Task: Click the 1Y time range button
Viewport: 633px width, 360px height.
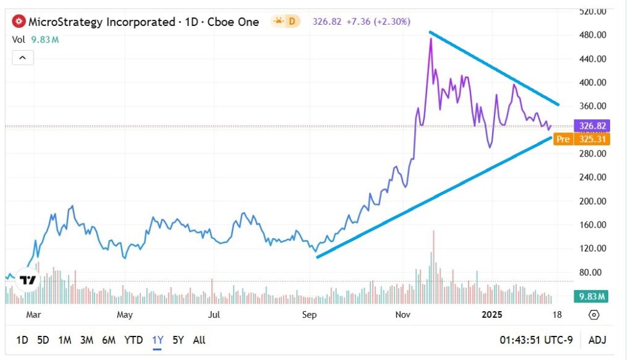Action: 157,340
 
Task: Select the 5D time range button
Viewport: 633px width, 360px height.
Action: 43,340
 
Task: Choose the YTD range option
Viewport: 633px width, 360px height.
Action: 134,340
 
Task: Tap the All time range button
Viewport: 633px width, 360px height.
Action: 199,340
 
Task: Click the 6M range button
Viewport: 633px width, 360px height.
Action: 109,340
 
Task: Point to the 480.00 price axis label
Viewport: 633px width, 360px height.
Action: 593,35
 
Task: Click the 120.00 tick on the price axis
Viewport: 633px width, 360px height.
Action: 593,249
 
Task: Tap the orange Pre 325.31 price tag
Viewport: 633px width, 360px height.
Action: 581,139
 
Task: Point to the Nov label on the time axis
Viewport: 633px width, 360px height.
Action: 403,315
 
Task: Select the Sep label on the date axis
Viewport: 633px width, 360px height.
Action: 309,315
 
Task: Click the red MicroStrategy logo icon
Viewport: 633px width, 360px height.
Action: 19,22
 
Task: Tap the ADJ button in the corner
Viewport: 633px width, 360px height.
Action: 597,340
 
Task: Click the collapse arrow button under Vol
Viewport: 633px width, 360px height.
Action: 22,58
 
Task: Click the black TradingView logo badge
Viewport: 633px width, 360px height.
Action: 27,280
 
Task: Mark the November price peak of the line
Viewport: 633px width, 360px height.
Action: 430,39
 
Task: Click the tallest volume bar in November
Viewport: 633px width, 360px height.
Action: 434,266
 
